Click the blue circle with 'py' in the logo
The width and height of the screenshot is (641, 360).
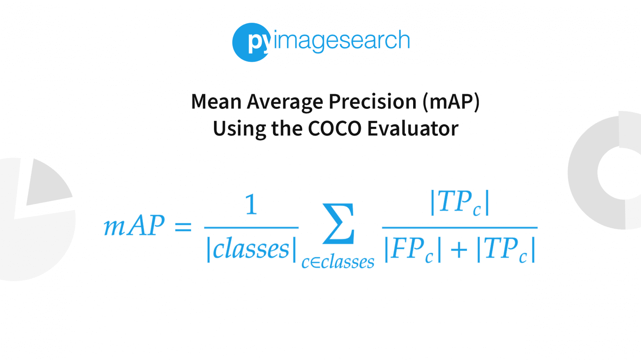pyautogui.click(x=251, y=43)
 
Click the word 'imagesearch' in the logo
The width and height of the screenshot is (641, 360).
pyautogui.click(x=341, y=41)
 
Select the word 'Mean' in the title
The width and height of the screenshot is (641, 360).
pyautogui.click(x=216, y=102)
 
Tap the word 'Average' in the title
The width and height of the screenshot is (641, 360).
pyautogui.click(x=285, y=102)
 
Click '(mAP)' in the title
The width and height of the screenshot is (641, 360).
pyautogui.click(x=451, y=102)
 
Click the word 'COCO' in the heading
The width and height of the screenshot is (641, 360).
pyautogui.click(x=335, y=129)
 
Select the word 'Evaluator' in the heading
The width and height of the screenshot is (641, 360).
pyautogui.click(x=413, y=129)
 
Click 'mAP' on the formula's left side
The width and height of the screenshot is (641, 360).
pyautogui.click(x=134, y=226)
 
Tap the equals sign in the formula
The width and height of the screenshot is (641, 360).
pyautogui.click(x=183, y=227)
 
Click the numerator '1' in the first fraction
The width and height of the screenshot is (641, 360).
pyautogui.click(x=251, y=204)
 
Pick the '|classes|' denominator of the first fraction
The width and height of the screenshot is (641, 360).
pyautogui.click(x=251, y=249)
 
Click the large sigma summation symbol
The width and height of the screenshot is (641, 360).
pyautogui.click(x=338, y=224)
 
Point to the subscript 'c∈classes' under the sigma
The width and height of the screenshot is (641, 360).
pyautogui.click(x=338, y=262)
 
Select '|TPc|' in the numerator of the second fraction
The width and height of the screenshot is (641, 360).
pyautogui.click(x=459, y=203)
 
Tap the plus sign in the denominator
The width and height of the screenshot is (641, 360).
pyautogui.click(x=459, y=250)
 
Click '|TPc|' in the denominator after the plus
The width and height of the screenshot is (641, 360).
pyautogui.click(x=506, y=250)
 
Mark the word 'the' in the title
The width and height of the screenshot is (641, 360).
pyautogui.click(x=287, y=129)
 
